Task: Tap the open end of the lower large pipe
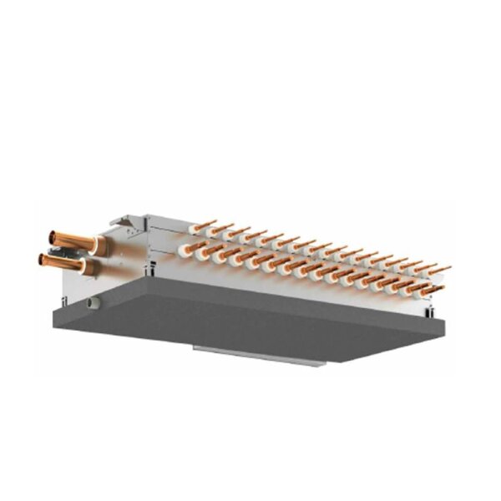[x=42, y=260]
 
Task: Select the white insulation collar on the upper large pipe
[x=99, y=245]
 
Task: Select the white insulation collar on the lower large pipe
[x=89, y=268]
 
